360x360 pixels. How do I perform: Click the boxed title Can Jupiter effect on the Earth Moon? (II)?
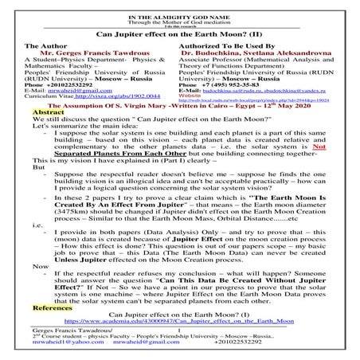pos(180,35)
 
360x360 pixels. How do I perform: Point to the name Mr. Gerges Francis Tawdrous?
pos(87,58)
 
